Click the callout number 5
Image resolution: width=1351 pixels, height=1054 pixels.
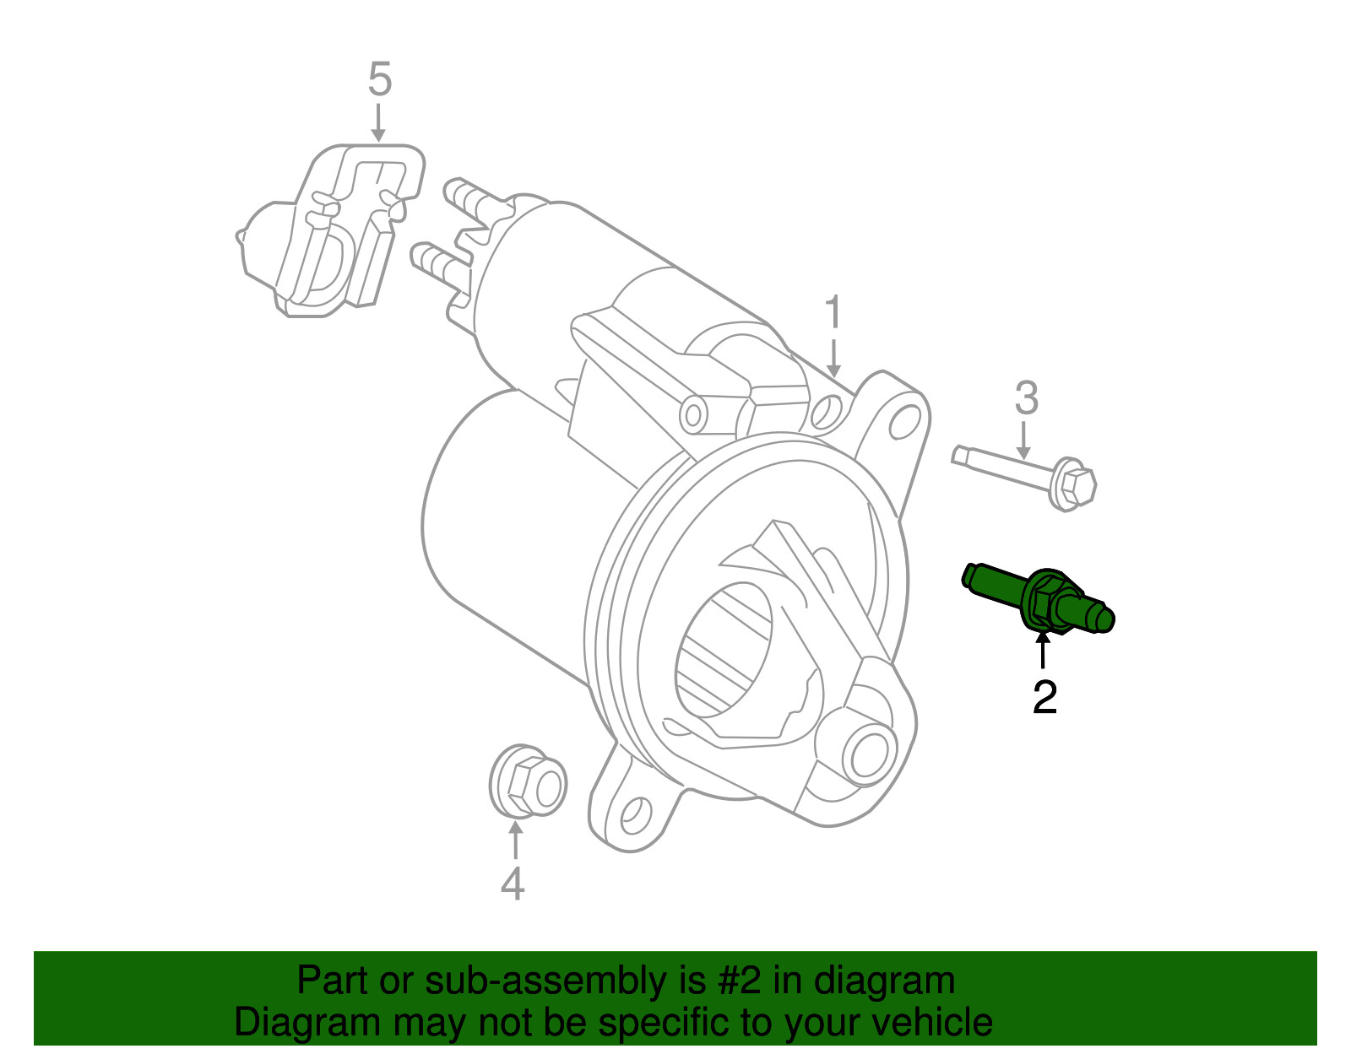(380, 80)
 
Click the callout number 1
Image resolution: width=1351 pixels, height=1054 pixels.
(833, 313)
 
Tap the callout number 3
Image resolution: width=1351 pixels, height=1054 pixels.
(1026, 398)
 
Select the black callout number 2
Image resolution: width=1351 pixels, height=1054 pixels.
(1044, 697)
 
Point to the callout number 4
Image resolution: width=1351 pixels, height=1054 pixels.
(513, 884)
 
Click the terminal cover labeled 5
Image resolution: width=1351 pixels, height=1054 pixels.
(334, 232)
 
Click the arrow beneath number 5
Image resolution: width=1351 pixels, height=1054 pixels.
(379, 123)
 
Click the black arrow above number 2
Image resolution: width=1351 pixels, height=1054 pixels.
(1044, 652)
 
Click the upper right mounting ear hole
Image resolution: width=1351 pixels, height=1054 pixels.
(905, 420)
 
